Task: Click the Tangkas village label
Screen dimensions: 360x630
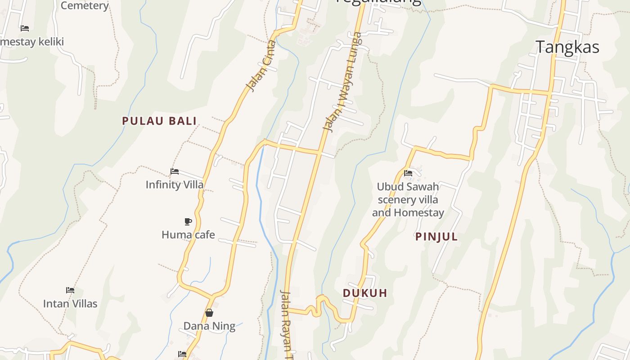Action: click(x=567, y=47)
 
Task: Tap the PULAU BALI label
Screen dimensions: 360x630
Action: click(x=159, y=121)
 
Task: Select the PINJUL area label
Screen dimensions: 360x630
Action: click(x=436, y=237)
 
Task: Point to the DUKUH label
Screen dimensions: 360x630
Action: click(x=365, y=293)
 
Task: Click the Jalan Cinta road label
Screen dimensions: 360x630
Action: click(x=261, y=66)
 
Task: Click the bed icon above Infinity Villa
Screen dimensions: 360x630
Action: click(x=175, y=171)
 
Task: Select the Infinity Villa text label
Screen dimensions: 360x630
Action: click(x=174, y=184)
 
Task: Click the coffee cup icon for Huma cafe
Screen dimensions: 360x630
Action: click(x=188, y=221)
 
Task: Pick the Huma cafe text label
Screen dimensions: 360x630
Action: click(x=188, y=234)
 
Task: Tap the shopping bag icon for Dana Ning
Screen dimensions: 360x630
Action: click(x=209, y=312)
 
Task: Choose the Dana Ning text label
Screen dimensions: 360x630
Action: click(x=209, y=326)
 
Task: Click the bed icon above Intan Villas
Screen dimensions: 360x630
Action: click(x=70, y=290)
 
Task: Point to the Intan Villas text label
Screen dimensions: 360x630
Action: click(x=70, y=304)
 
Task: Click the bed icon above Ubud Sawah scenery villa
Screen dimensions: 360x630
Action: click(x=408, y=173)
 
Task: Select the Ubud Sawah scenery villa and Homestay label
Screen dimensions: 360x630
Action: click(x=408, y=199)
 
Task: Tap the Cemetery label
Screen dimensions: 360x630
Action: click(x=85, y=5)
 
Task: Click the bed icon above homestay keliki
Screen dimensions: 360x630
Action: click(x=25, y=28)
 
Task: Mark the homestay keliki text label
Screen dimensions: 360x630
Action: click(x=32, y=42)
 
